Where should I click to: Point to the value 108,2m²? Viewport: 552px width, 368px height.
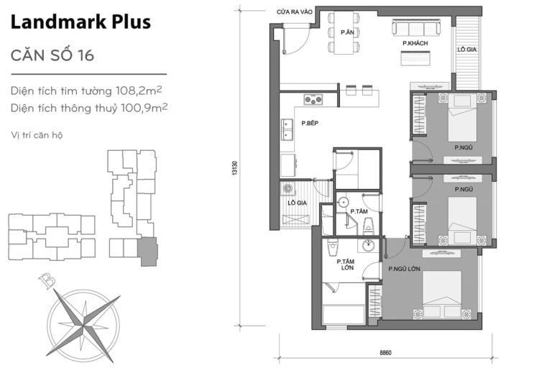[141, 91]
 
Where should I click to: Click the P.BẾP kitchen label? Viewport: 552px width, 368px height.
[310, 124]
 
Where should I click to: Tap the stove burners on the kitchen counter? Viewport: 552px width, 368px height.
[313, 100]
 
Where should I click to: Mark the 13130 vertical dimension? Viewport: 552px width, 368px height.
[234, 170]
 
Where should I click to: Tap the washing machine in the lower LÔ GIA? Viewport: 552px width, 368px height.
[288, 189]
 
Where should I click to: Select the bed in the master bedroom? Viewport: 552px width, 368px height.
[441, 291]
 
